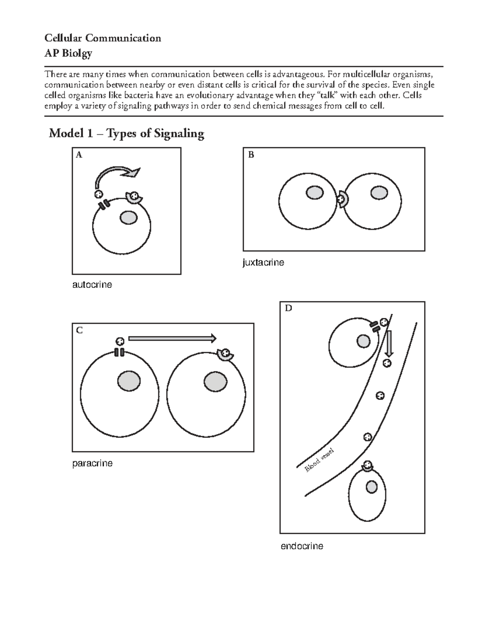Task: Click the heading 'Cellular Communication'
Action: (103, 38)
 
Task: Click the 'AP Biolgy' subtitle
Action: (68, 53)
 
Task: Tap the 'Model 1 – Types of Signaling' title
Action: (126, 134)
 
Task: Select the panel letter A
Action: (79, 155)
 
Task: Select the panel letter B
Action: (251, 155)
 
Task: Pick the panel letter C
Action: (79, 330)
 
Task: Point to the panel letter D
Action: (288, 308)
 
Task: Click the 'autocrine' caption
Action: (92, 285)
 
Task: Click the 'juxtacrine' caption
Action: (263, 263)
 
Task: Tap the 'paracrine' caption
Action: (92, 463)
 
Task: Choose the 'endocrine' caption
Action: (302, 546)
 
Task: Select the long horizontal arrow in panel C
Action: (172, 339)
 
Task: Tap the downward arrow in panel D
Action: (389, 343)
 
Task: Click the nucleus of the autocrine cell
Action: (129, 217)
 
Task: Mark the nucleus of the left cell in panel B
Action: (315, 193)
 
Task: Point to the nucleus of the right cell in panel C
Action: (215, 381)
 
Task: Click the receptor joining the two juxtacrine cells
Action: (342, 199)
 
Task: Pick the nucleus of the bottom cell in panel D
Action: (372, 487)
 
